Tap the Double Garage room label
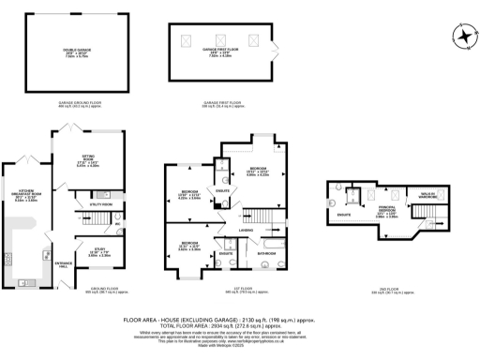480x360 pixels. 65,51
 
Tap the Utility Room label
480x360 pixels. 101,203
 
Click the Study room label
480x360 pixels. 86,252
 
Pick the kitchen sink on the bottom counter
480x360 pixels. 23,281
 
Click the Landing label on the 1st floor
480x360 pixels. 246,230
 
